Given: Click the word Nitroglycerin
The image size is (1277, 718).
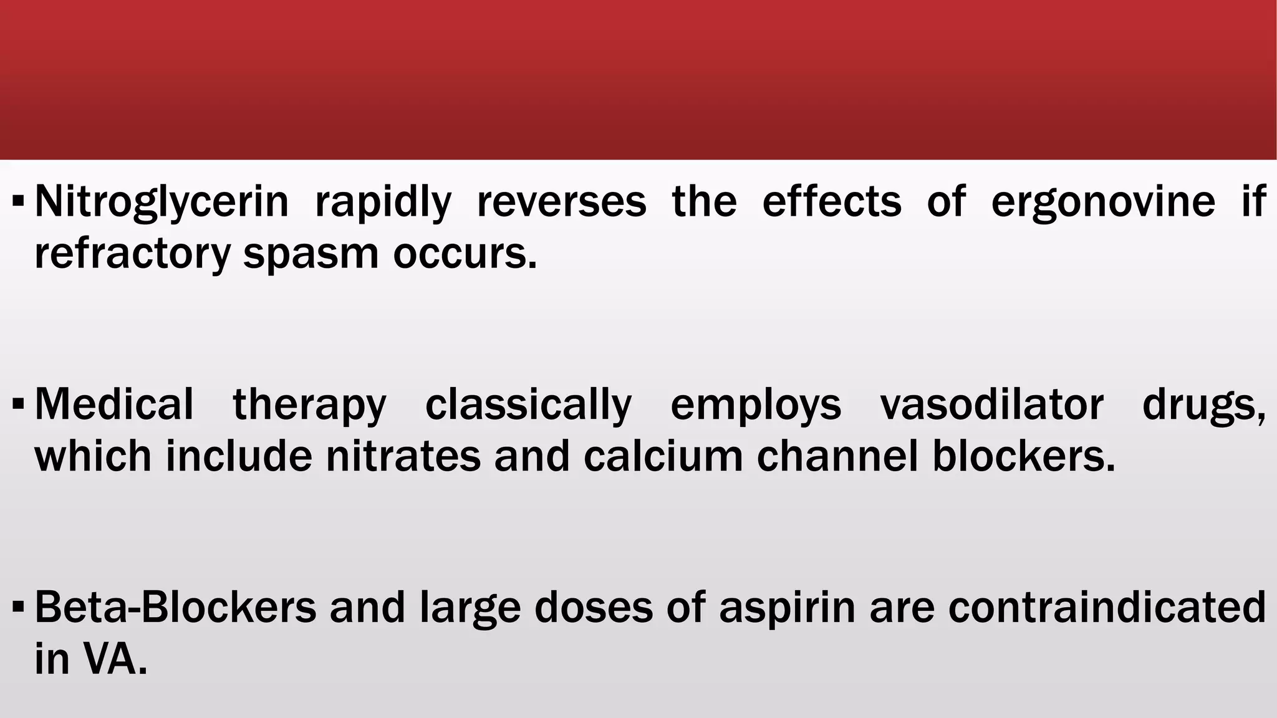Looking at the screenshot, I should tap(161, 202).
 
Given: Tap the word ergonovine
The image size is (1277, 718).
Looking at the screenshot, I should tap(1103, 202).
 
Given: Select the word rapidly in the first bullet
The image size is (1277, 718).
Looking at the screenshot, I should tap(383, 202).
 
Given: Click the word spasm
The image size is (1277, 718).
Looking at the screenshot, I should tap(311, 254).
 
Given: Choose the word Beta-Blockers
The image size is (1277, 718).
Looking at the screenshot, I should tap(175, 608).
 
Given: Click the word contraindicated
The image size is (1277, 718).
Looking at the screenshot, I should tap(1107, 608).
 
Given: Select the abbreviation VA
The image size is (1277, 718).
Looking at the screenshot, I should tap(117, 659).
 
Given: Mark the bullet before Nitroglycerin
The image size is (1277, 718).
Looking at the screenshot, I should tap(18, 202).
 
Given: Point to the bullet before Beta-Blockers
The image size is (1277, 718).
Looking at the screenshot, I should tap(18, 608).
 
